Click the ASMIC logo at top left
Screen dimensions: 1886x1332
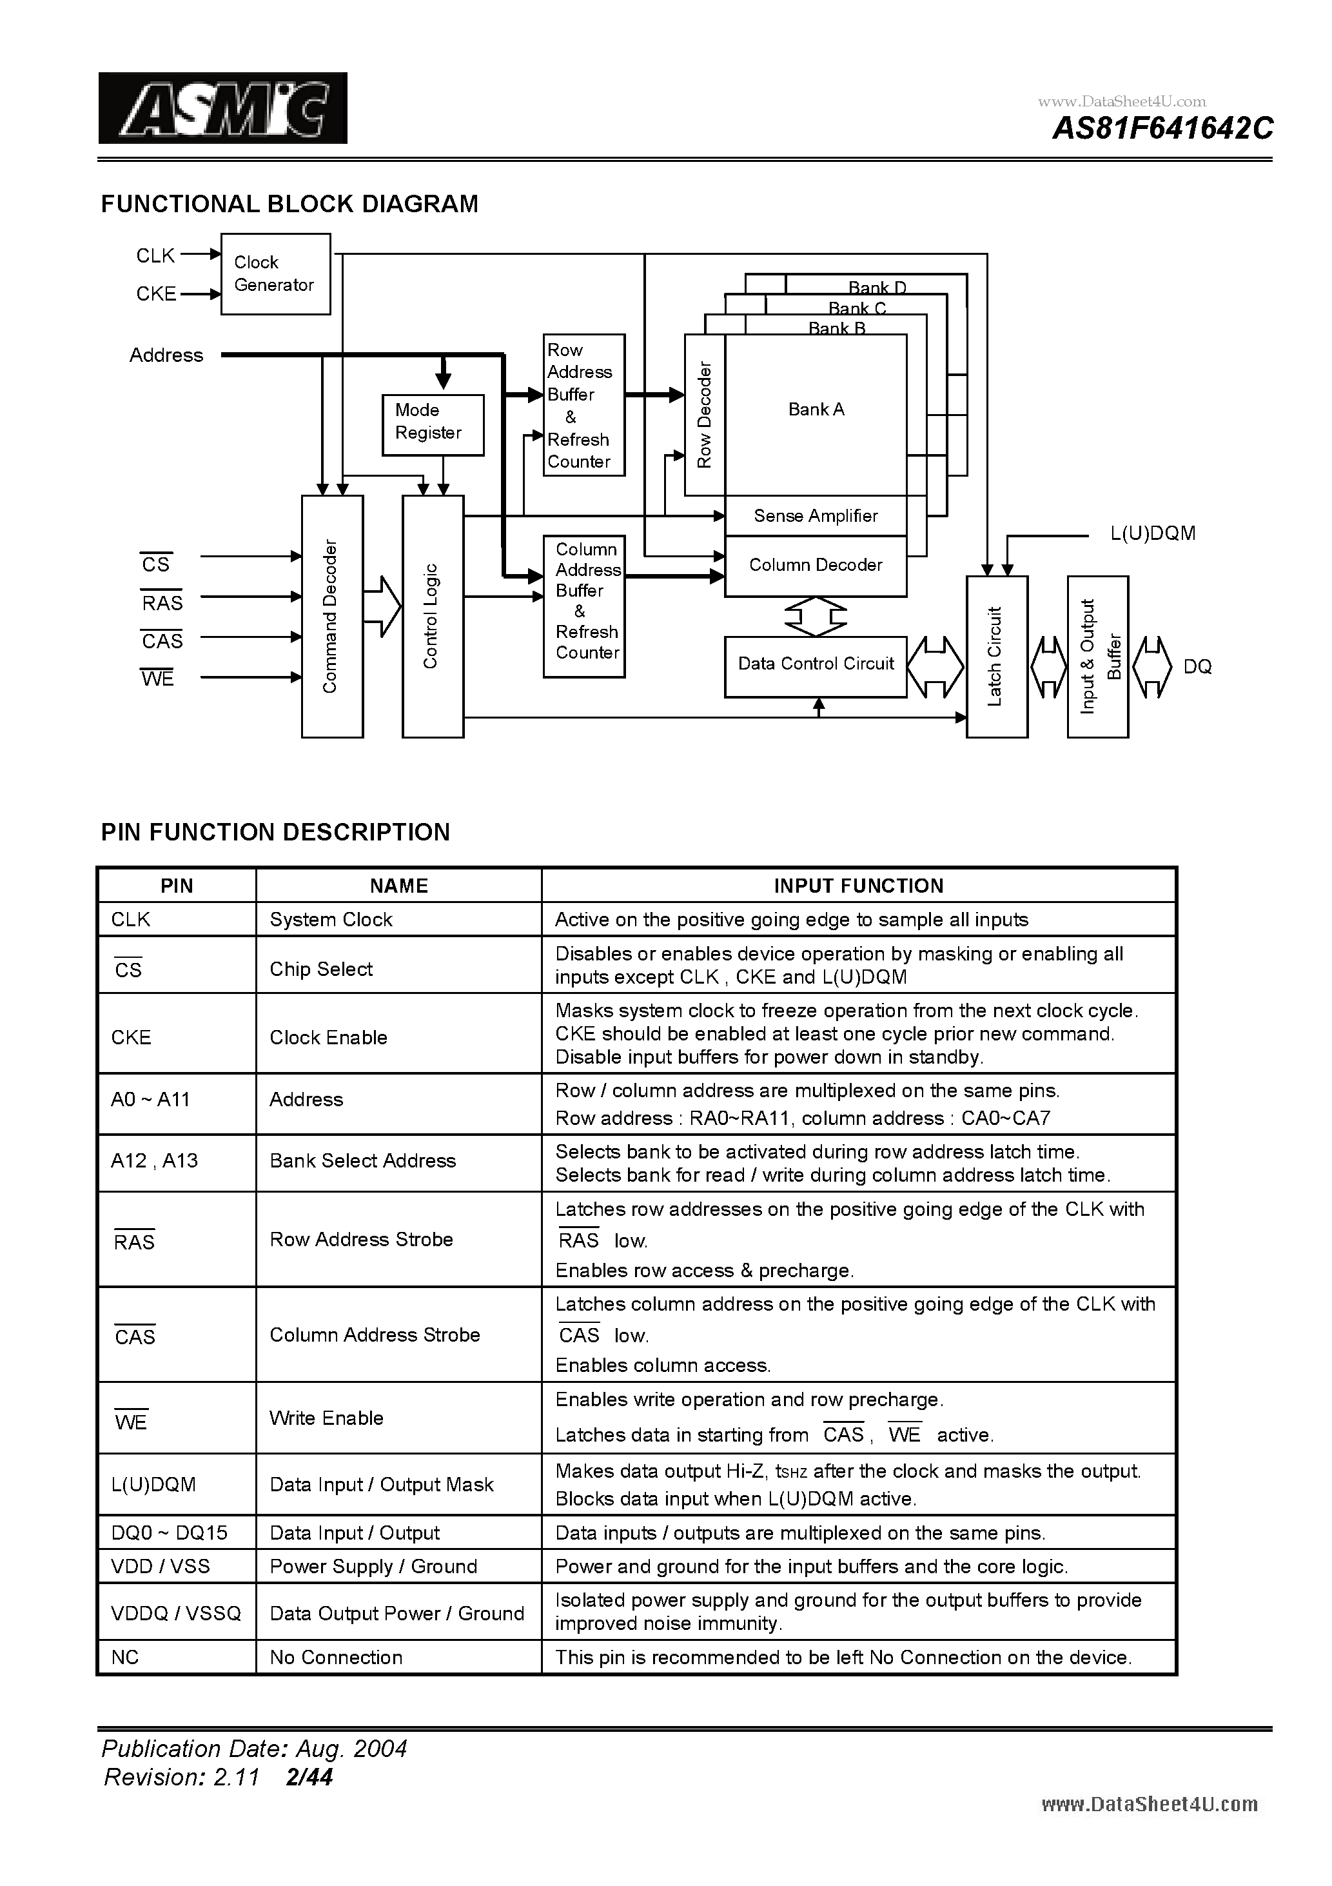222,108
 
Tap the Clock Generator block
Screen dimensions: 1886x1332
275,273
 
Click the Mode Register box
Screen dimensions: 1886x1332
433,424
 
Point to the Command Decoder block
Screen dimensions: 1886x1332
332,616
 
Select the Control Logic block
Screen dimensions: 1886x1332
432,616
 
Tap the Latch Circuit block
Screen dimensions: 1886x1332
996,657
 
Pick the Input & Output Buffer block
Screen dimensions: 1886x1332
1097,657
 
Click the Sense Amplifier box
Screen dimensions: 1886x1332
815,516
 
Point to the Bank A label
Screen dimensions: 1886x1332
816,409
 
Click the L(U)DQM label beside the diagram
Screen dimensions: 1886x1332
1152,534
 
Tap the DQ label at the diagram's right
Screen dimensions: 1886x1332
1197,667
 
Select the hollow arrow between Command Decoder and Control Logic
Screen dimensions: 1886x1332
382,607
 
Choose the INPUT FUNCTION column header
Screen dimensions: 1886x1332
858,886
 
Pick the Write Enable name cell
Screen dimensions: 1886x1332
326,1418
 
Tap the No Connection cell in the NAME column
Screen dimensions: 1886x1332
336,1657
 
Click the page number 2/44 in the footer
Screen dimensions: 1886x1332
309,1777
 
